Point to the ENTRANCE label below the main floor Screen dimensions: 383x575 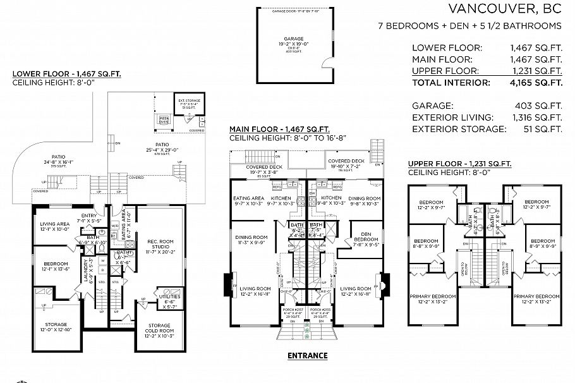tap(307, 355)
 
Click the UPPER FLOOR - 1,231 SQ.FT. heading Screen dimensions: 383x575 tap(459, 164)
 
